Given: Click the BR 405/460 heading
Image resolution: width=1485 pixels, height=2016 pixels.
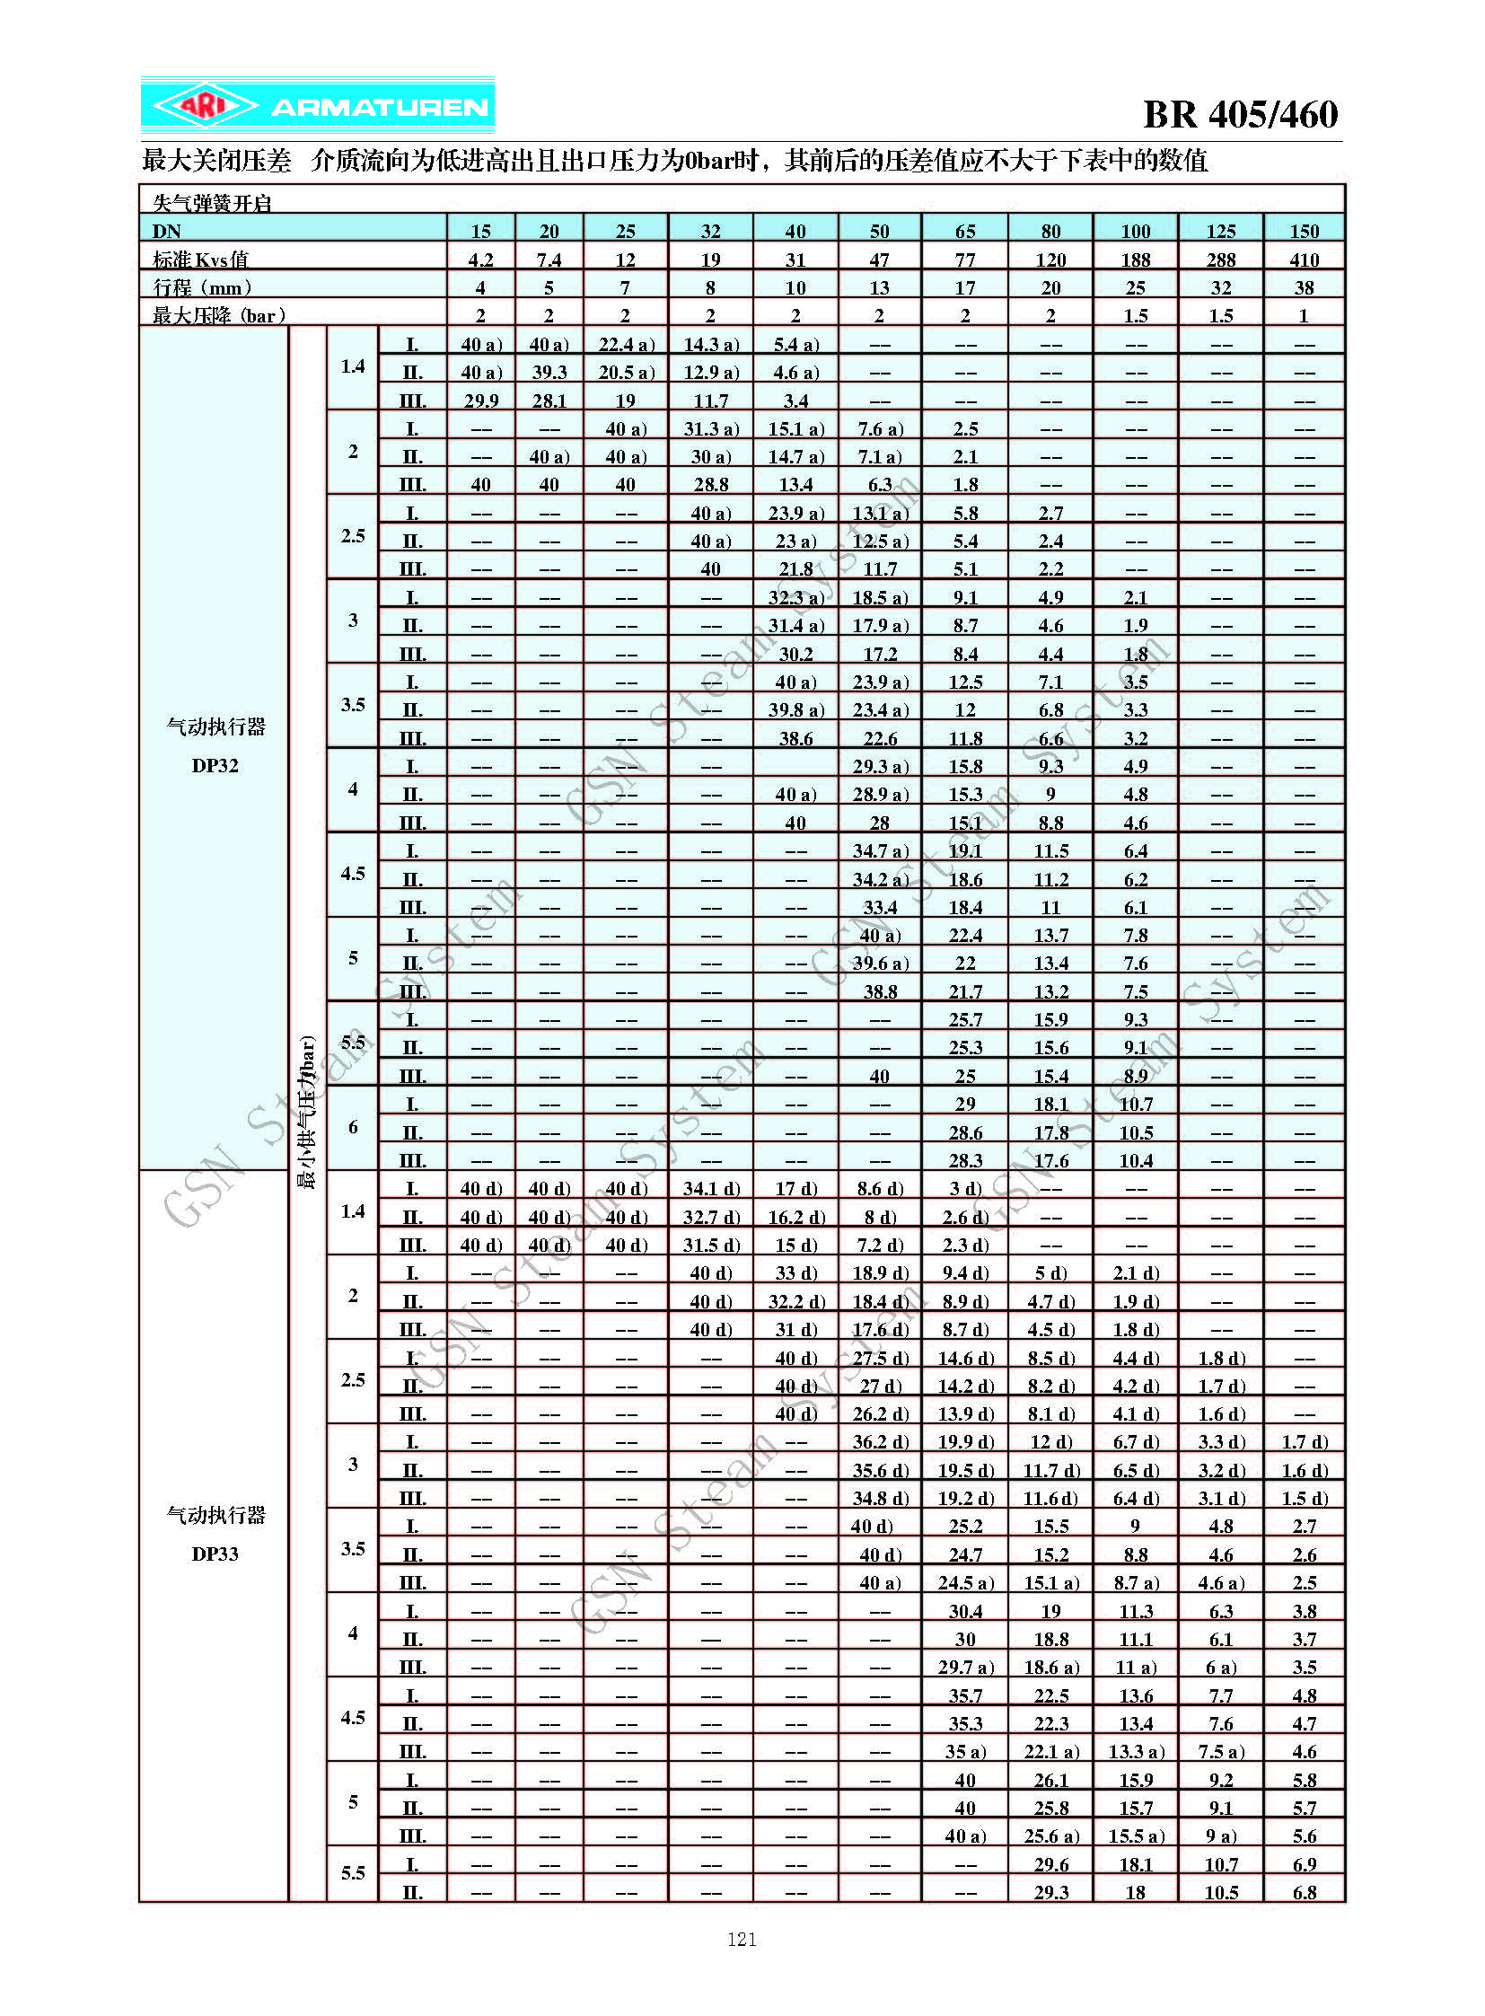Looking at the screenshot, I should point(1240,114).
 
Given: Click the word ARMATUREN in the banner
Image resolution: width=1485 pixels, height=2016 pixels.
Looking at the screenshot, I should point(380,108).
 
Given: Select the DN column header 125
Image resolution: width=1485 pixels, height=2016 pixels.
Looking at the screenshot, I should point(1221,231).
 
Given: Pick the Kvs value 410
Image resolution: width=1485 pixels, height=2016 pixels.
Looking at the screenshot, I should point(1304,260).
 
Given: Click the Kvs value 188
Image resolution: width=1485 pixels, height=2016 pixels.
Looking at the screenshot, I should point(1136,260).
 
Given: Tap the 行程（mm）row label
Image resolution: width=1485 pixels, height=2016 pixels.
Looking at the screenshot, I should point(202,287).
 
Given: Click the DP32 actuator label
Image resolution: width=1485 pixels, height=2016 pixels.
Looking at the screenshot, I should point(215,765).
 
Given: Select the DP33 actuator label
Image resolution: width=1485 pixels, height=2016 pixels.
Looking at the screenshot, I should point(215,1554).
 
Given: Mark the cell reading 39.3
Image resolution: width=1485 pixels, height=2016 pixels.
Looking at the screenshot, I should point(549,373).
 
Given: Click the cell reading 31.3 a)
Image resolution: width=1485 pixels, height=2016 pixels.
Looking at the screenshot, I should point(710,429).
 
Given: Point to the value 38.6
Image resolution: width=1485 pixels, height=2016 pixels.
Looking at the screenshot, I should point(795,738).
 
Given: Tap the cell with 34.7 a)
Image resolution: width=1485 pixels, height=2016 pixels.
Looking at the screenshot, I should point(880,850).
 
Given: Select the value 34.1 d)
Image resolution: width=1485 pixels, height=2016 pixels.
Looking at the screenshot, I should point(710,1189).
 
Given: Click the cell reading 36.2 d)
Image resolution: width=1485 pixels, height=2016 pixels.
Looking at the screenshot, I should point(880,1441).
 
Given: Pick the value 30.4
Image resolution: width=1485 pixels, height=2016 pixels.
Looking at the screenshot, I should point(964,1610).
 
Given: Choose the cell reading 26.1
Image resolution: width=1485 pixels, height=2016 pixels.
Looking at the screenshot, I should point(1050,1780).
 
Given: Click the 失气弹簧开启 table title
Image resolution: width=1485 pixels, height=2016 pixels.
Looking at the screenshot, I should point(212,203).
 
